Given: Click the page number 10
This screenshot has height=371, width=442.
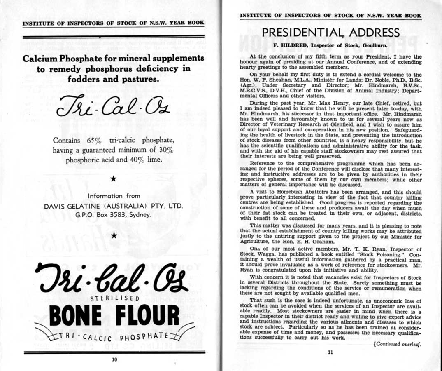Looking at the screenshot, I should click(x=114, y=359).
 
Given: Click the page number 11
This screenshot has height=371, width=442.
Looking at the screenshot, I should click(x=330, y=352).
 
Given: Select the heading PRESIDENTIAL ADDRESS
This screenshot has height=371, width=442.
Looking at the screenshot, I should click(x=330, y=33).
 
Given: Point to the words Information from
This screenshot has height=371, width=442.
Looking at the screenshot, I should click(x=114, y=196).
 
